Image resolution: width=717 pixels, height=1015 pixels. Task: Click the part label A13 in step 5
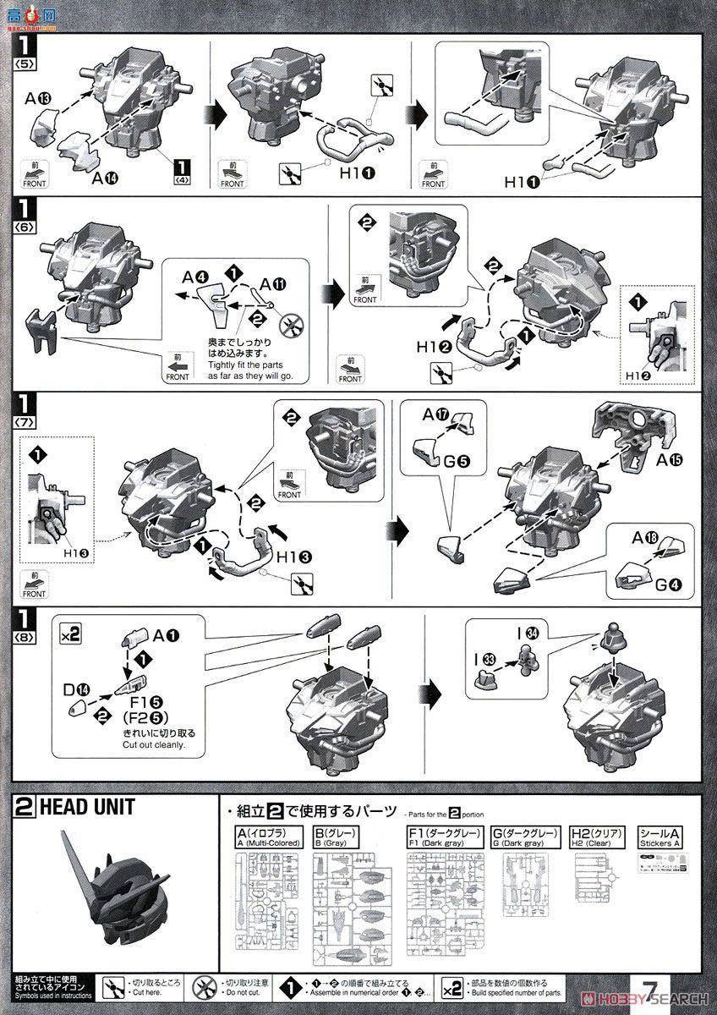coord(38,99)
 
